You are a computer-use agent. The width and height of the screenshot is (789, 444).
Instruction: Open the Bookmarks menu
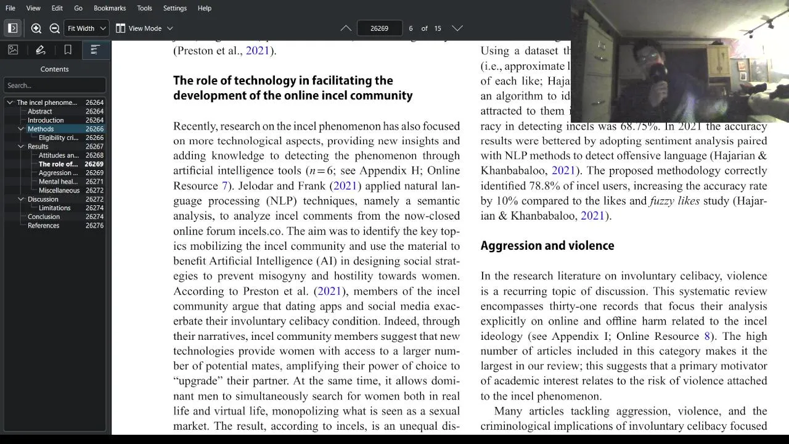click(110, 8)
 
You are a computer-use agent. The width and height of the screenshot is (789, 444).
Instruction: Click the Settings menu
click(175, 8)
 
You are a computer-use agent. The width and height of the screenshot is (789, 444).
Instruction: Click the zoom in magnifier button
click(36, 28)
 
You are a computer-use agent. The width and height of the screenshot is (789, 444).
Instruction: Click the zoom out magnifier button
click(54, 28)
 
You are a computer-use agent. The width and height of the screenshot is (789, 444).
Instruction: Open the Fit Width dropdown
click(87, 28)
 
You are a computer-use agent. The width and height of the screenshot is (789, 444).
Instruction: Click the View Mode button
click(144, 28)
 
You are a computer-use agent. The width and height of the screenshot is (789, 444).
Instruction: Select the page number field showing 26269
click(379, 28)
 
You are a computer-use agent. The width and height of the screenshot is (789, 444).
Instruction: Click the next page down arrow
click(457, 28)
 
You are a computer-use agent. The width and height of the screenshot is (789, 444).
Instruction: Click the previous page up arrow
click(346, 28)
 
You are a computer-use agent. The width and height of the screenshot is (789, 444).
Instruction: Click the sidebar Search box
click(54, 86)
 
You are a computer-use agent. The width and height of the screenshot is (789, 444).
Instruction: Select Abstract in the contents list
click(39, 112)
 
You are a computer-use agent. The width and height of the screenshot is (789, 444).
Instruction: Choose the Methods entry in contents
click(41, 129)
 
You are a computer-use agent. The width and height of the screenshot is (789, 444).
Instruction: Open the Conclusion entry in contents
click(44, 216)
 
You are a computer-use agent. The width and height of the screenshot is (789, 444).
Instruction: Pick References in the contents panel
click(43, 226)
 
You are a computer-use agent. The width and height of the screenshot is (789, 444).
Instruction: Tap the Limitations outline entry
click(55, 208)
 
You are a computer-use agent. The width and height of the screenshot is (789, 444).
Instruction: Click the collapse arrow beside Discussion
click(21, 199)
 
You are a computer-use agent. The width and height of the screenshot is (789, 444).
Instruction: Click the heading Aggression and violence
click(547, 245)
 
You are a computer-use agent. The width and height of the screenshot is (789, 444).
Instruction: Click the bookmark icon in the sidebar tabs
click(68, 50)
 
